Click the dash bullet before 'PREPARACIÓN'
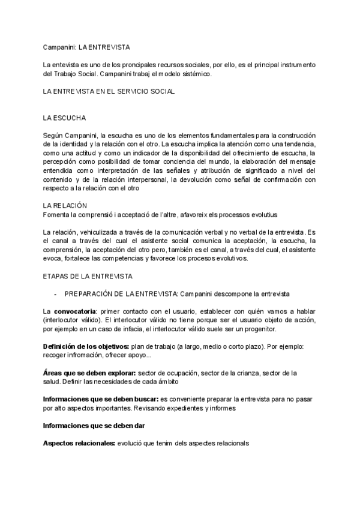point(55,294)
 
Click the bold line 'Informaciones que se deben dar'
point(93,426)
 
